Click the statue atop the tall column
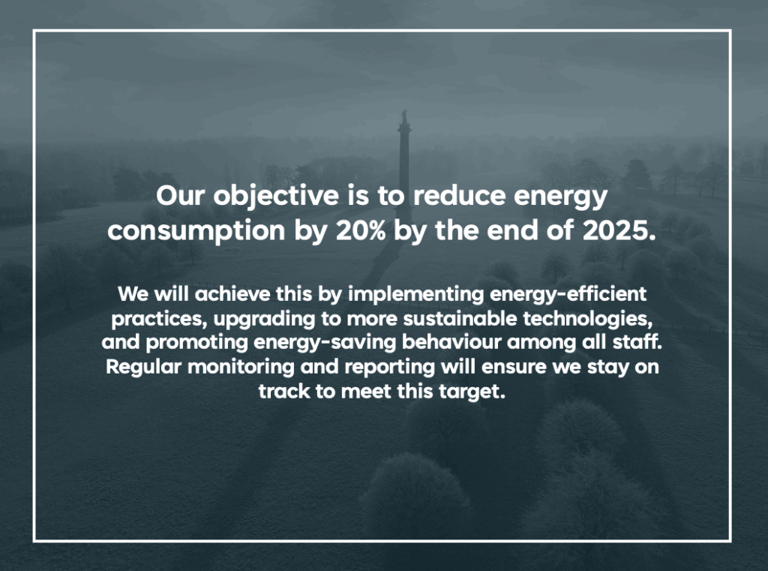click(404, 117)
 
